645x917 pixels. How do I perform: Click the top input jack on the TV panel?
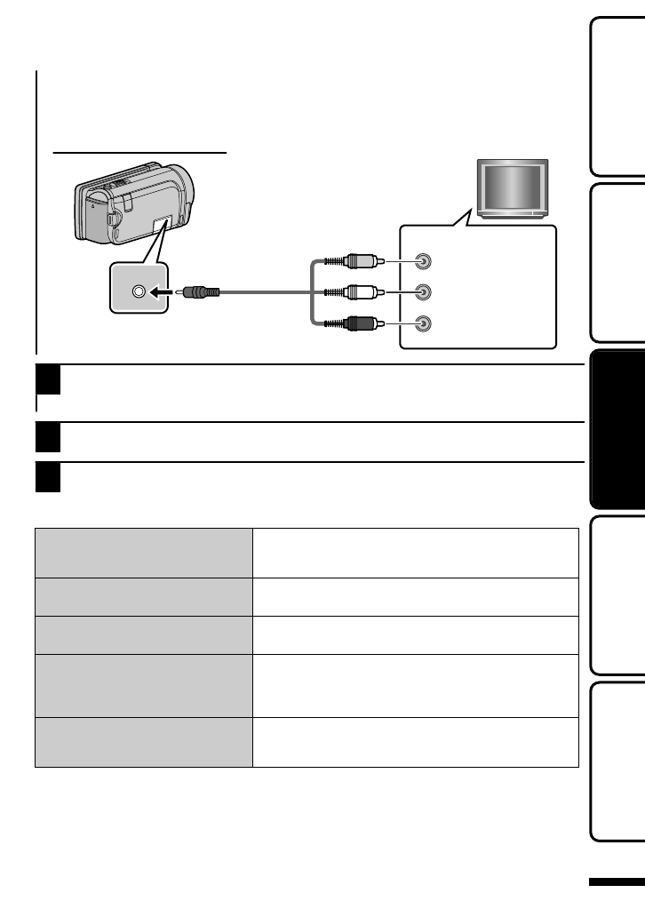point(425,262)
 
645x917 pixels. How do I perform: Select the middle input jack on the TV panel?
point(425,291)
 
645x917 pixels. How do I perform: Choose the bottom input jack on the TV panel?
point(425,323)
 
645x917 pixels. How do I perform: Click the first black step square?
point(47,380)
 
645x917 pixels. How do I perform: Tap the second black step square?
point(47,437)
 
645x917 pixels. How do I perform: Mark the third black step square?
point(47,478)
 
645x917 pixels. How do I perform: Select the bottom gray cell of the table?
point(144,742)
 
